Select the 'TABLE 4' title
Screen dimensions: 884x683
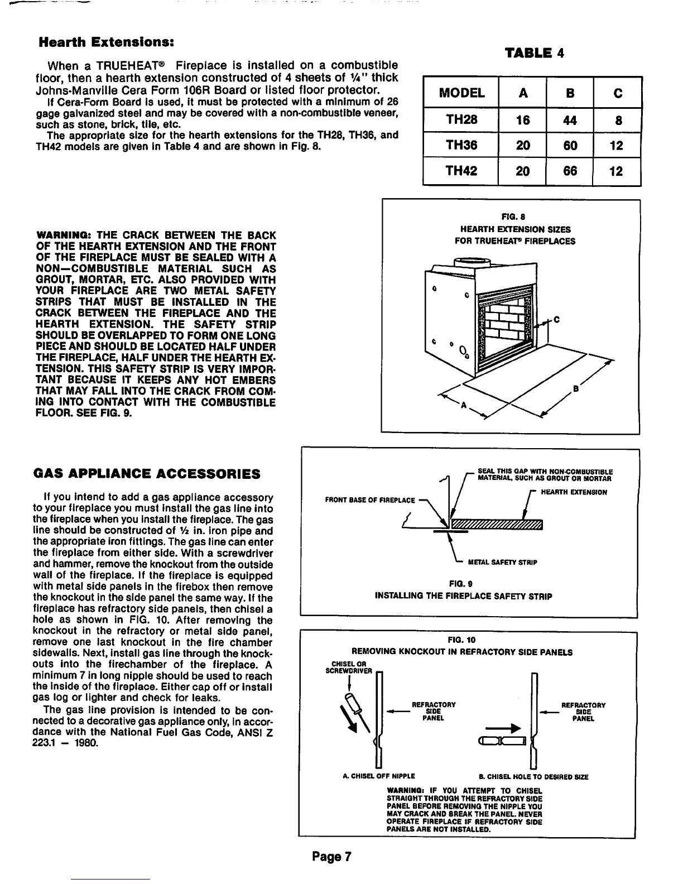tap(534, 53)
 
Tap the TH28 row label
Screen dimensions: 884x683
tap(461, 120)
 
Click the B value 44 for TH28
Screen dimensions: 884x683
tap(570, 120)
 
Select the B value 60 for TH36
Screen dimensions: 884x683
tap(570, 146)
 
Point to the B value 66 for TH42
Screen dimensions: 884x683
tap(570, 171)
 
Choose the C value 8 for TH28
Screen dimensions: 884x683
tap(618, 120)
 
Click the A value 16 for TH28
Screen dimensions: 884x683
tap(522, 120)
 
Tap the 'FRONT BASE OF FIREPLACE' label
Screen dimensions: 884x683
tap(370, 500)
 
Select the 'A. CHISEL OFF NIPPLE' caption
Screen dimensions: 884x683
tap(378, 776)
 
